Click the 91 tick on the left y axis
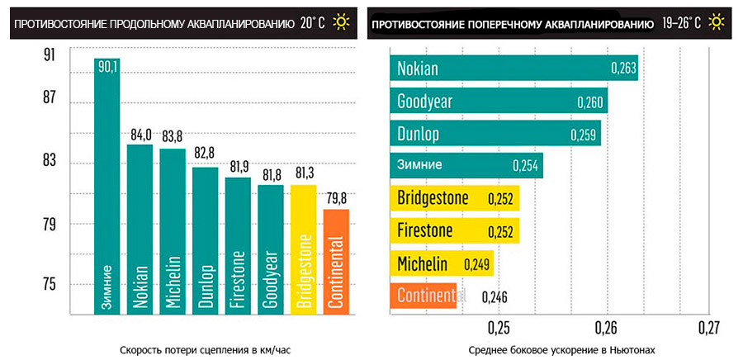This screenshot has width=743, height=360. point(49,55)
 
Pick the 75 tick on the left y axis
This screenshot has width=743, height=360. point(49,285)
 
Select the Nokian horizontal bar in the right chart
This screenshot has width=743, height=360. point(513,69)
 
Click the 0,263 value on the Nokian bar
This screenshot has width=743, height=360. point(623,69)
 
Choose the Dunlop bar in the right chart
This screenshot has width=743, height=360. point(495,134)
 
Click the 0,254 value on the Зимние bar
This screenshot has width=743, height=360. point(525,166)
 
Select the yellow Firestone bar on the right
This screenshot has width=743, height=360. point(454,230)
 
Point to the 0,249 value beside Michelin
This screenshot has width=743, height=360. point(477,265)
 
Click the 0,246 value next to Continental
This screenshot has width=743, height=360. point(495,296)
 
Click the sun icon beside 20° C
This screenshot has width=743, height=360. point(341,22)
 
